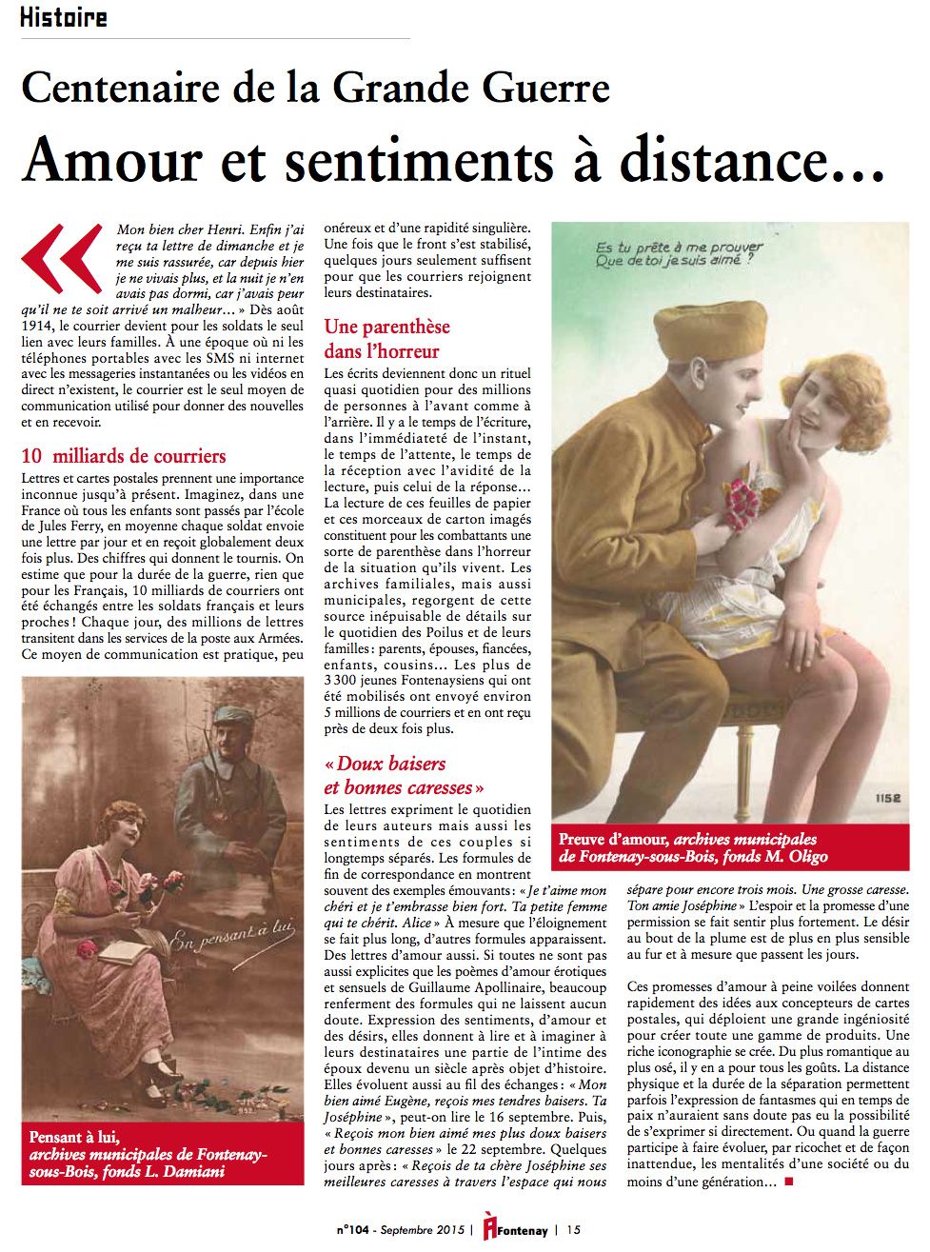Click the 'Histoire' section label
63,17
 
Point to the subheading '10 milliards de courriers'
124,456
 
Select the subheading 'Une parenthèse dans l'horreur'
386,339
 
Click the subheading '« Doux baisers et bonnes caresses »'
405,775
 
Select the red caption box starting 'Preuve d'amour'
729,847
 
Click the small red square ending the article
787,1182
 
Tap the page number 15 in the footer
573,1229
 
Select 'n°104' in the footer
355,1230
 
